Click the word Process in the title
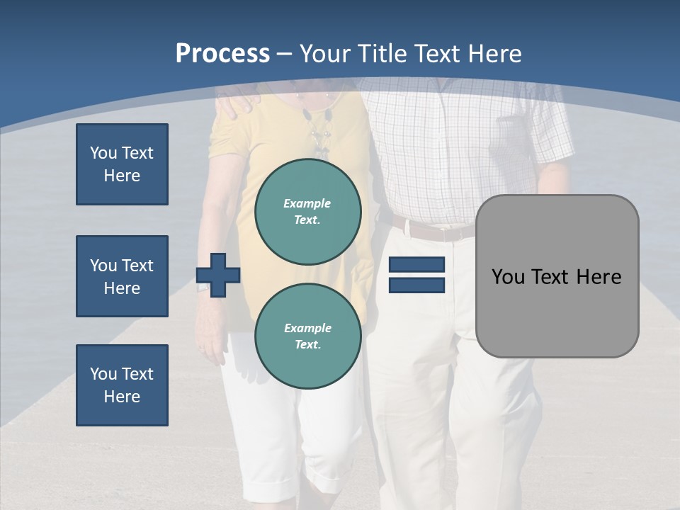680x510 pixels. pos(222,54)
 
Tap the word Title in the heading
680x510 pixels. pos(381,54)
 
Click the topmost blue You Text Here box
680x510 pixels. pos(122,164)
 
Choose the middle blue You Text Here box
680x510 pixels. pos(122,276)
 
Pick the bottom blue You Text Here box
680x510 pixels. pos(122,385)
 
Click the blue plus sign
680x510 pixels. pos(218,275)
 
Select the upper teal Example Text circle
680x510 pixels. pos(307,212)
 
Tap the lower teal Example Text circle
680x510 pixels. pos(307,336)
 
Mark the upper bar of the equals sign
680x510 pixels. pos(416,265)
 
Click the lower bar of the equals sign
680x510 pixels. pos(416,285)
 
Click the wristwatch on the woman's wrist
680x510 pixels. pos(203,286)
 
